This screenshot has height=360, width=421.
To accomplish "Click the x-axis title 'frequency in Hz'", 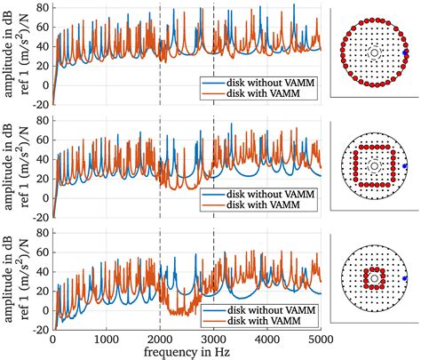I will click(x=187, y=352).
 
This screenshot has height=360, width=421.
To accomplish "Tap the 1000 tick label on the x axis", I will click(x=106, y=339).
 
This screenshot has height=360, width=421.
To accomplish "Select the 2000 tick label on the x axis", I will click(x=160, y=339).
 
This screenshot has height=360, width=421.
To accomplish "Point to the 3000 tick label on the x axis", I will click(x=213, y=339).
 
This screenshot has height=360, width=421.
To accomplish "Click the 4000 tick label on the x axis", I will click(x=266, y=339).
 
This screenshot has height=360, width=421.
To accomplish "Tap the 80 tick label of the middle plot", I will click(x=41, y=118).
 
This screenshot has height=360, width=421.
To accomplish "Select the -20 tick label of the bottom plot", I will click(x=38, y=328).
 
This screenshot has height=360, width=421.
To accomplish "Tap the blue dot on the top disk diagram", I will click(x=405, y=53).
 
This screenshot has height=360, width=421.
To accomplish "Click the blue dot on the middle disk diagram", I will click(x=405, y=166).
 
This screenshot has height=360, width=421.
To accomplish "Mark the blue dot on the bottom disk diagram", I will click(x=405, y=278).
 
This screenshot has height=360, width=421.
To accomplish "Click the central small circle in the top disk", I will click(x=374, y=53).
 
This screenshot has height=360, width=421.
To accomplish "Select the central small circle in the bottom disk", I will click(x=374, y=278).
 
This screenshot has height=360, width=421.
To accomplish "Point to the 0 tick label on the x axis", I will click(x=52, y=339).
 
